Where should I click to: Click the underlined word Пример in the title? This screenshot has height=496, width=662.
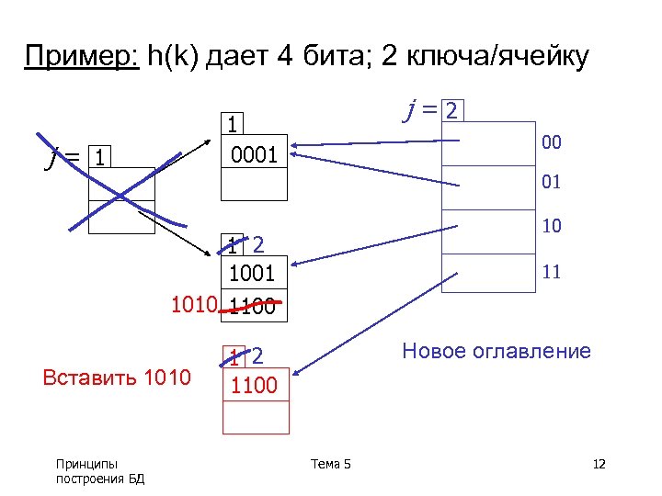(81, 57)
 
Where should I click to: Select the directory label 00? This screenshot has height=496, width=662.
(552, 142)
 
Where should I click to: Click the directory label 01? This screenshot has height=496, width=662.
(552, 183)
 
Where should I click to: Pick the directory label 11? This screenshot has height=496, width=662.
(552, 272)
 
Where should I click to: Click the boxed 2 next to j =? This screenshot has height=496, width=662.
(451, 111)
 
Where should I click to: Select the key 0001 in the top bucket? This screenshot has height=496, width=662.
(254, 155)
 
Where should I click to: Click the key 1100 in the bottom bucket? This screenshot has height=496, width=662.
(255, 385)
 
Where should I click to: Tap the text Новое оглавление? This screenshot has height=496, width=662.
(496, 352)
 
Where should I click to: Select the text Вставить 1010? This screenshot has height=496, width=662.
(117, 378)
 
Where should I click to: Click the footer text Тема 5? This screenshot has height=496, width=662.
(331, 464)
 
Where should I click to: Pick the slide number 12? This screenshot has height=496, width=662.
(599, 464)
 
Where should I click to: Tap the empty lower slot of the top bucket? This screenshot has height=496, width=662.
(255, 186)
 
